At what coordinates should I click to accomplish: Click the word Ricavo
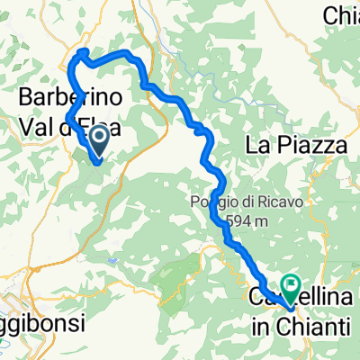point(280,202)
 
